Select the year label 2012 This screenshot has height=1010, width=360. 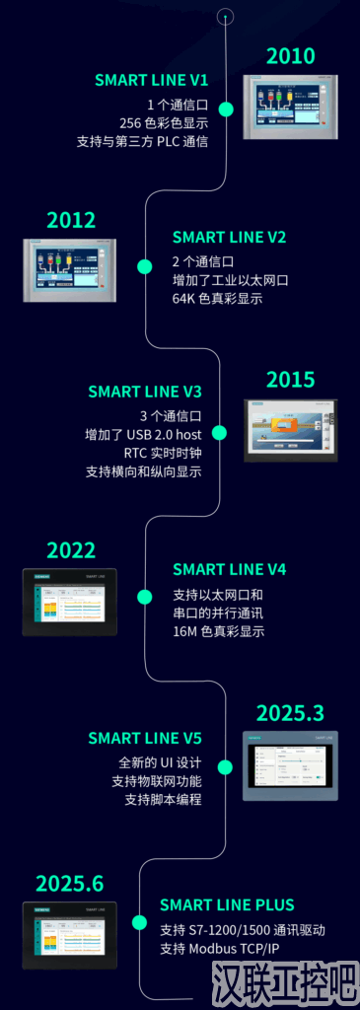pyautogui.click(x=71, y=220)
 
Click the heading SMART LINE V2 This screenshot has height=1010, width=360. pyautogui.click(x=229, y=238)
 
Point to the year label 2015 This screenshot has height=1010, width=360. pyautogui.click(x=290, y=380)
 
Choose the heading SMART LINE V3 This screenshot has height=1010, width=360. pyautogui.click(x=145, y=392)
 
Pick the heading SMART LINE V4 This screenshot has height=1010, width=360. pyautogui.click(x=229, y=570)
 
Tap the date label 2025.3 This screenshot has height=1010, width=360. pyautogui.click(x=290, y=713)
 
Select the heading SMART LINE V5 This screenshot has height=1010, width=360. pyautogui.click(x=145, y=738)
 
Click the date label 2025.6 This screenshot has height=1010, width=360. pyautogui.click(x=70, y=884)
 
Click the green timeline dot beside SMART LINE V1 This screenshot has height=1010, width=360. pyautogui.click(x=226, y=108)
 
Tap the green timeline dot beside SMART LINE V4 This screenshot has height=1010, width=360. pyautogui.click(x=145, y=596)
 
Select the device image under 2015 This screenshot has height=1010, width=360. pyautogui.click(x=291, y=431)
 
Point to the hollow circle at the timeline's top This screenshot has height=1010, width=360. pyautogui.click(x=226, y=16)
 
